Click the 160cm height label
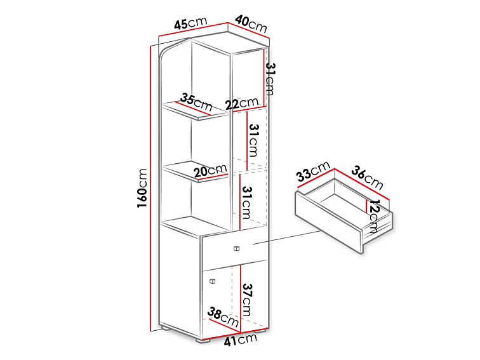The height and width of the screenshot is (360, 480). point(142,189)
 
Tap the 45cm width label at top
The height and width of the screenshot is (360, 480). point(190,23)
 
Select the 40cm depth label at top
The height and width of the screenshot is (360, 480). point(251,24)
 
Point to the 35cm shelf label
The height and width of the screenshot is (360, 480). point(196,102)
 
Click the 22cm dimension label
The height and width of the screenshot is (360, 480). point(242,103)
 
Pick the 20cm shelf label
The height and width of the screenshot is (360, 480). point(211,170)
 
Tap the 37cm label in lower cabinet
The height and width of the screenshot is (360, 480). point(247,300)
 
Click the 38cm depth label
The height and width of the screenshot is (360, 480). point(223,317)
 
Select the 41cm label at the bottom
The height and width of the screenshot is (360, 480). point(240,340)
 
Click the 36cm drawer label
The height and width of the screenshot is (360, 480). point(367,178)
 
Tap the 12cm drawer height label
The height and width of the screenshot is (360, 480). point(374,217)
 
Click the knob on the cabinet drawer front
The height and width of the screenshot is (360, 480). point(236,249)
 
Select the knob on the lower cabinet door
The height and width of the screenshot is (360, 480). point(212,281)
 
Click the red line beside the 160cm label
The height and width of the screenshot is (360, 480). point(150,189)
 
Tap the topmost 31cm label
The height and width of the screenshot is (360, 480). point(270,79)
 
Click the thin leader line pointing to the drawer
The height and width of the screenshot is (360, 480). point(286,237)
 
